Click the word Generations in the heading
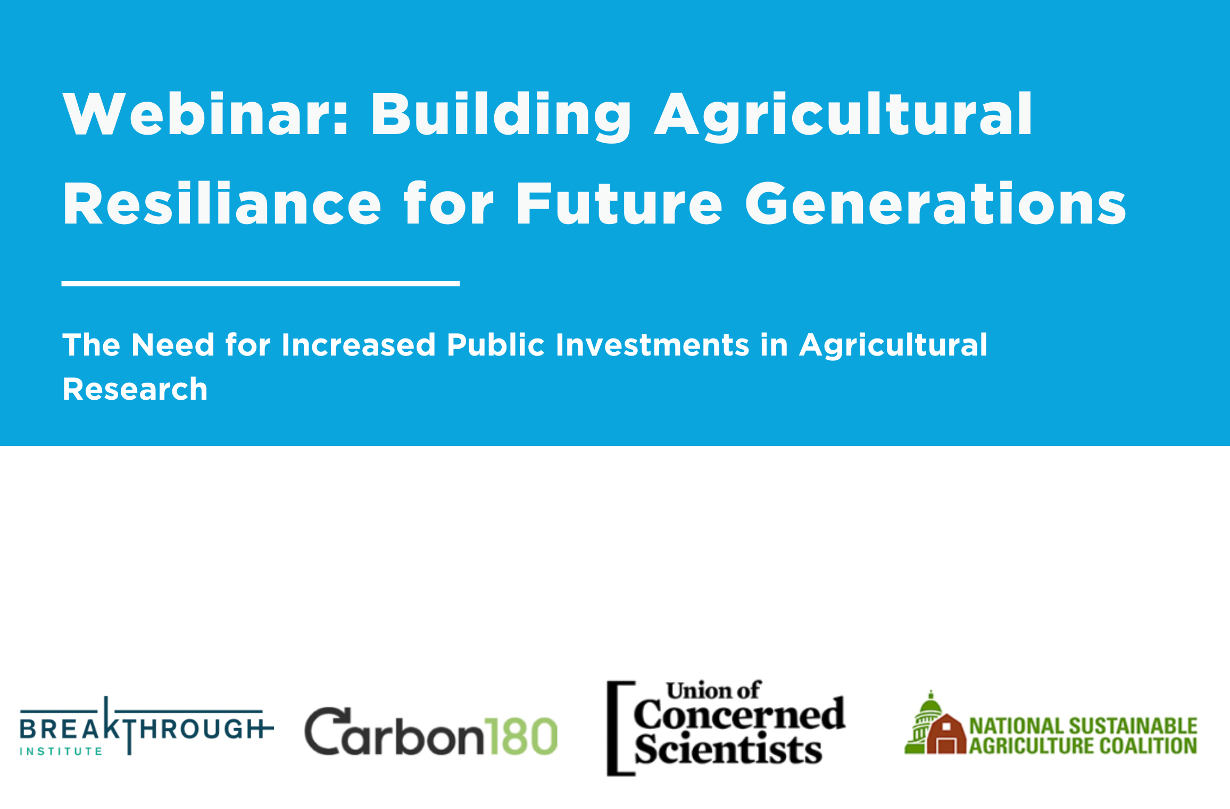click(x=935, y=203)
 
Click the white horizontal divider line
click(x=261, y=284)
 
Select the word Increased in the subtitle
click(x=359, y=344)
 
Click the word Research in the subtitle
click(x=135, y=389)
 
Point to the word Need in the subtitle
click(x=173, y=344)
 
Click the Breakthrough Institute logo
click(x=146, y=726)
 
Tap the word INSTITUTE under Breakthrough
click(x=61, y=752)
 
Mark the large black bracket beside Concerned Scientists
click(x=620, y=728)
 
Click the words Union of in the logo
click(x=714, y=690)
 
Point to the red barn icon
click(x=946, y=734)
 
